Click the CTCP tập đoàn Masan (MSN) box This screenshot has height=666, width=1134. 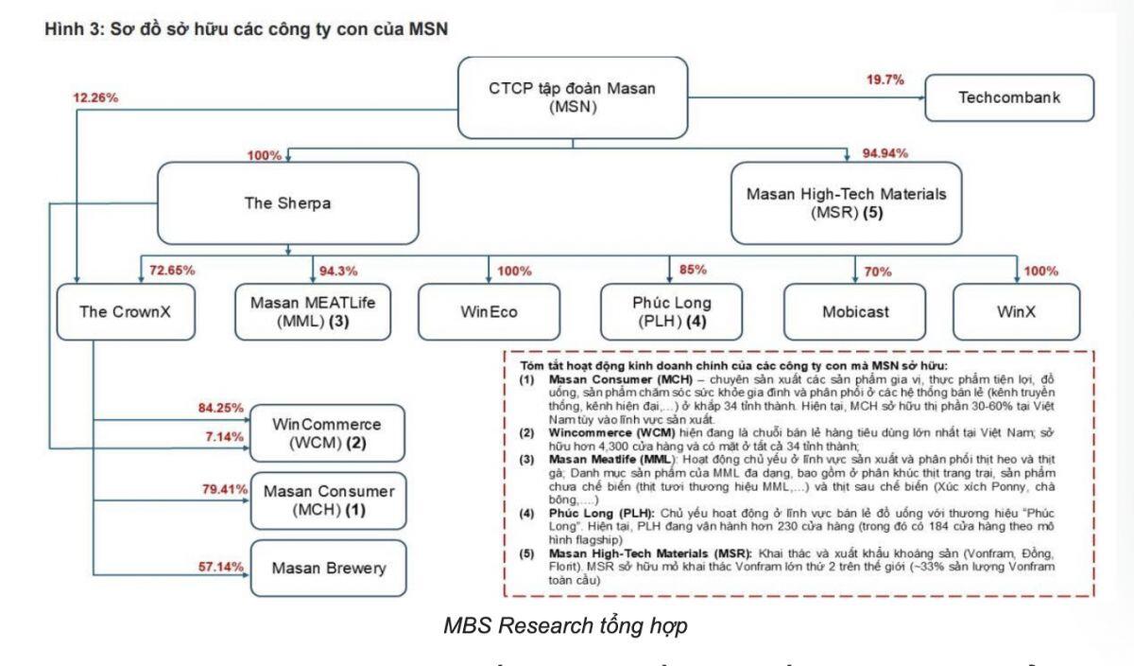tap(573, 98)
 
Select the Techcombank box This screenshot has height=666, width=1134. tap(1008, 97)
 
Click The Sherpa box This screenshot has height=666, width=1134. tap(286, 202)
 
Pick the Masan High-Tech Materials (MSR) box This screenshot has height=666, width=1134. tap(846, 202)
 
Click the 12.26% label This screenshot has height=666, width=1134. tap(95, 97)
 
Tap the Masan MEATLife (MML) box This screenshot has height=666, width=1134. tap(311, 312)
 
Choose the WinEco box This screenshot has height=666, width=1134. tap(489, 312)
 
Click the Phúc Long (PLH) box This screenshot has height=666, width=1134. tap(671, 312)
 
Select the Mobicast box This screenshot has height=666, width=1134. tap(855, 312)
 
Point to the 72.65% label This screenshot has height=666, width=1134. tap(171, 271)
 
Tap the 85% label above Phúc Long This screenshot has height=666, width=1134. tap(693, 271)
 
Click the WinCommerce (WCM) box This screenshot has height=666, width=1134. tap(326, 433)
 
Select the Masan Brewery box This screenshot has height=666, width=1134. tap(326, 569)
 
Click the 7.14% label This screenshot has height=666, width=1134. tap(226, 437)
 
